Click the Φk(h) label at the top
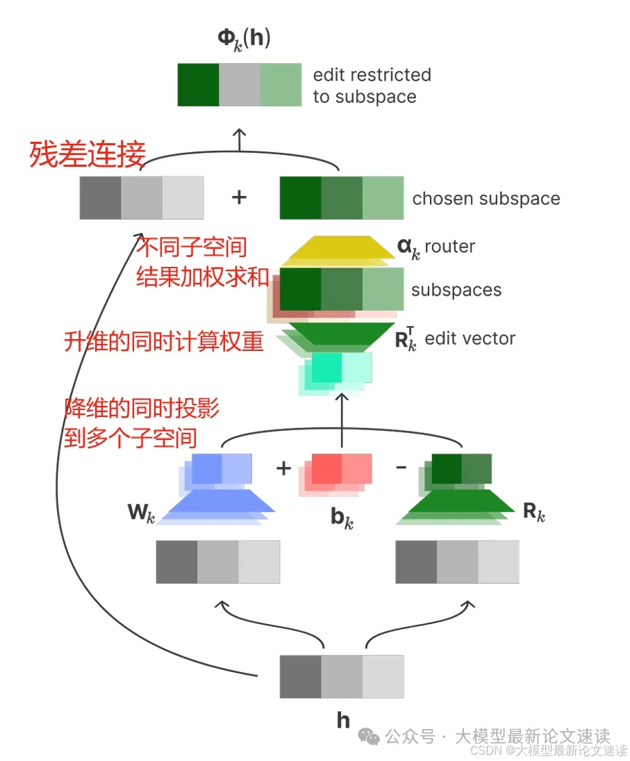244,39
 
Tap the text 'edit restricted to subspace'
372,85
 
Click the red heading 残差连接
87,154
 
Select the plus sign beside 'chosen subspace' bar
239,197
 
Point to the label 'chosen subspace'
486,199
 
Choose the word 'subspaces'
456,290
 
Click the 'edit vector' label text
470,338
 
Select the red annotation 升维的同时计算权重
164,341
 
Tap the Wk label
141,514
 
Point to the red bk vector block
340,469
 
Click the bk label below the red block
341,518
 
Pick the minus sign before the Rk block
401,467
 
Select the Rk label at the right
533,513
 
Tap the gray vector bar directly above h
341,676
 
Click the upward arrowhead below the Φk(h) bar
239,132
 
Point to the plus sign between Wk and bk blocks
283,468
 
